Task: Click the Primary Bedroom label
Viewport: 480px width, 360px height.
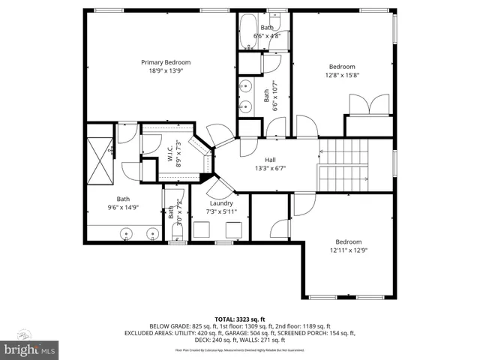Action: (x=166, y=62)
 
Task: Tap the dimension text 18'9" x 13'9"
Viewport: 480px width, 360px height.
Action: (x=166, y=70)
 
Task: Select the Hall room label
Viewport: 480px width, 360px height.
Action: (x=270, y=160)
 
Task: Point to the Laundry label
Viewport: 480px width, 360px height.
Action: (x=221, y=203)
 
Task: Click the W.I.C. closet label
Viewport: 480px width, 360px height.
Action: (x=170, y=153)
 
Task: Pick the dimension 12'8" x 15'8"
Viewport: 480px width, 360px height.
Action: (x=342, y=74)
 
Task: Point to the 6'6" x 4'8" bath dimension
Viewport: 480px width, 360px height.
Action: (x=267, y=35)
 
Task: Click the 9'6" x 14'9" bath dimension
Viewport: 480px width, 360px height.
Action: (x=122, y=208)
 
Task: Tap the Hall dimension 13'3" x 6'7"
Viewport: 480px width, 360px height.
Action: (x=270, y=168)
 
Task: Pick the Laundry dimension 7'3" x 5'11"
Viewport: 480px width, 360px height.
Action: (x=221, y=211)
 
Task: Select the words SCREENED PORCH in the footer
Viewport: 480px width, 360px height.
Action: (x=309, y=332)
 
